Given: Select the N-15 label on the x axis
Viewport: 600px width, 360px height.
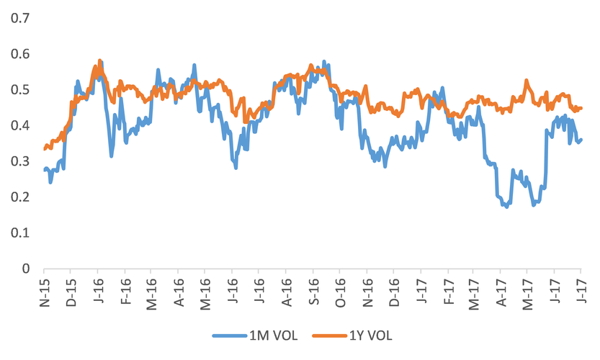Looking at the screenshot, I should point(44,289).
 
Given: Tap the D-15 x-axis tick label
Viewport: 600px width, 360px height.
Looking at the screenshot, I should point(71,289).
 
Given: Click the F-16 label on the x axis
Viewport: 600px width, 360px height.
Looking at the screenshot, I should point(125,289).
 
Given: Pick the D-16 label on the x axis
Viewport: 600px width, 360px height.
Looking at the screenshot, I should point(393,289).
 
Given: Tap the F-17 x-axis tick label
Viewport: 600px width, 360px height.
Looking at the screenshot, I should point(447,289).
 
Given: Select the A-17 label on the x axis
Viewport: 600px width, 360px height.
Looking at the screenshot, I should point(501,289).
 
